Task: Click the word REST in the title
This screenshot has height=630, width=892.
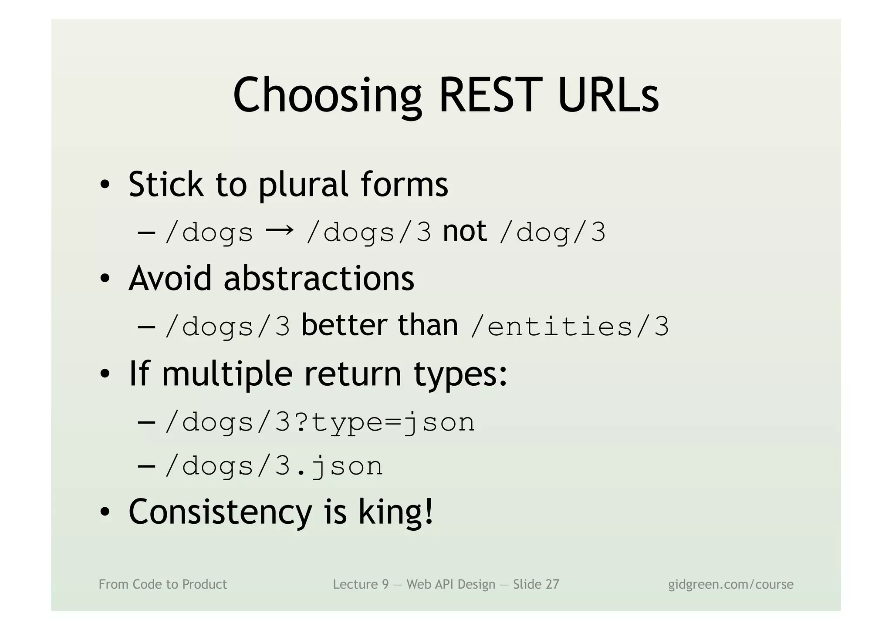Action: coord(491,95)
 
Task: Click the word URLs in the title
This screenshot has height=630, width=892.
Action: coord(608,95)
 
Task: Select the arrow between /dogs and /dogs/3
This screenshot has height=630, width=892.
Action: coord(279,230)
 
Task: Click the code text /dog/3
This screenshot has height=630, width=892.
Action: coord(552,232)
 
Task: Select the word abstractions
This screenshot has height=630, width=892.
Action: coord(318,278)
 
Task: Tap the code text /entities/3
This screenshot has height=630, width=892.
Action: coord(569,327)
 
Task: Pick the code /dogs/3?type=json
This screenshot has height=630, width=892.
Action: coord(320,423)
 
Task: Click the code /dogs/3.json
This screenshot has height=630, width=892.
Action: coord(274,466)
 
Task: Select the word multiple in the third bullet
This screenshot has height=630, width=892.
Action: coord(227,374)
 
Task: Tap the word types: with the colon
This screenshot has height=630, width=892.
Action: coord(460,375)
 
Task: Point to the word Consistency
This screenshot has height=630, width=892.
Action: coord(220,513)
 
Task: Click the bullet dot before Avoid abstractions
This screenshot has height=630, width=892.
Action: coord(105,279)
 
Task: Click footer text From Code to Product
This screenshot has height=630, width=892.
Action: coord(163,584)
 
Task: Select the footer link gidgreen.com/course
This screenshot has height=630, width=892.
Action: coord(730,584)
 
